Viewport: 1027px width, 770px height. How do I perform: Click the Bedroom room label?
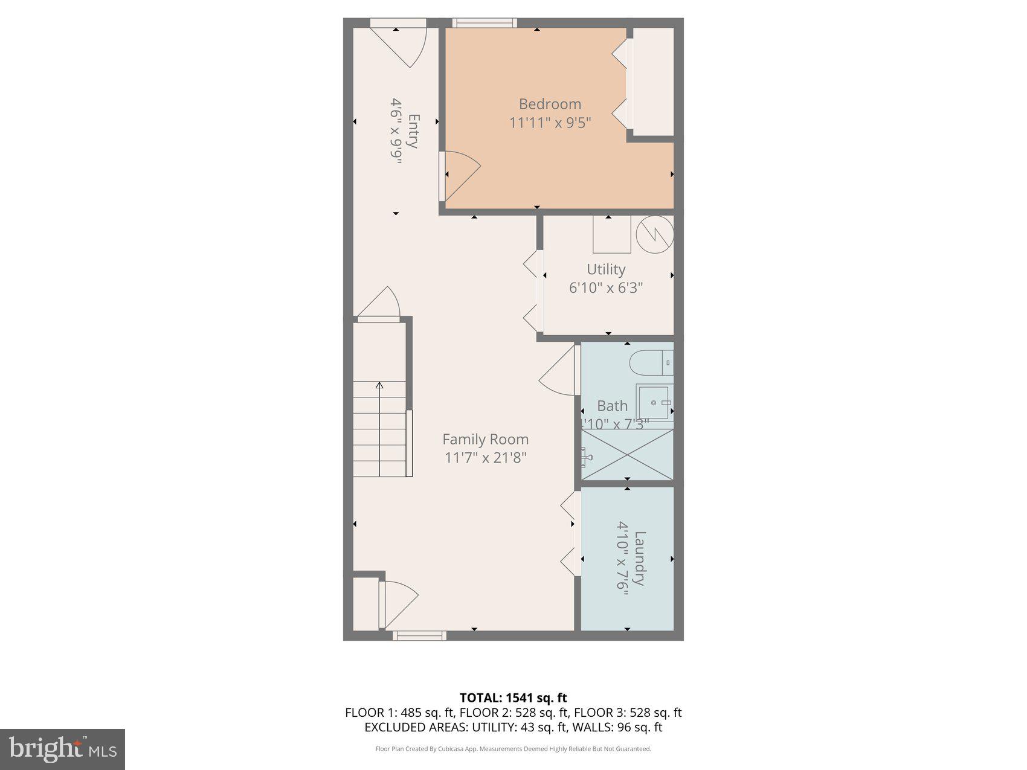pos(550,104)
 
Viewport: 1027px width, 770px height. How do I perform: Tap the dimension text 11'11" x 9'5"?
pos(550,123)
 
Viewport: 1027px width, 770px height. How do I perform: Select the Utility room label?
pos(606,269)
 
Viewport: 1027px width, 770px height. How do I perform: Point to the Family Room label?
pos(485,439)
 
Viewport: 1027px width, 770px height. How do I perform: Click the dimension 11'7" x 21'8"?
pos(486,458)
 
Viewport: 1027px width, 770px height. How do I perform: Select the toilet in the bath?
pos(650,364)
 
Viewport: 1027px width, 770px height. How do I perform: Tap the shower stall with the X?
pos(627,455)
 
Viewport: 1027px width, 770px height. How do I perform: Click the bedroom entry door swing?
pos(460,175)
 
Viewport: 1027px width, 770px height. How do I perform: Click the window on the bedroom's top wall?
pos(485,23)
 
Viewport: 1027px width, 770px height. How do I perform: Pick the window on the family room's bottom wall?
pos(419,635)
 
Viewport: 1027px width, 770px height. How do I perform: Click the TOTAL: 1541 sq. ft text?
pos(513,698)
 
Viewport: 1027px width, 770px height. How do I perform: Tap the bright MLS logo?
pos(63,749)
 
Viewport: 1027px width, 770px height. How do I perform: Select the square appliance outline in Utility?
pos(611,234)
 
